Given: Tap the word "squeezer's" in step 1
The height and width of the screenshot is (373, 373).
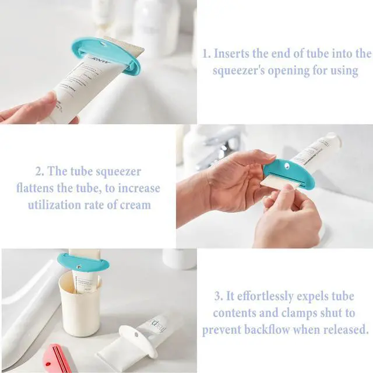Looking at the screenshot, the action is [238, 71].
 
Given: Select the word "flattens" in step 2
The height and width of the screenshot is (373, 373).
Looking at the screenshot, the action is [35, 188].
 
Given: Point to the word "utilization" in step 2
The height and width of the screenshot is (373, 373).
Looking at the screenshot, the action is [54, 205].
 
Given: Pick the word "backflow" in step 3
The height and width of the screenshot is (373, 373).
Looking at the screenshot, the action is [267, 330].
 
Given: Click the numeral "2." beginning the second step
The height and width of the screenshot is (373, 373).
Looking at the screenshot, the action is [40, 171].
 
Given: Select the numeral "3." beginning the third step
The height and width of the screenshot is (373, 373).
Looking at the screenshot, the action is [219, 297].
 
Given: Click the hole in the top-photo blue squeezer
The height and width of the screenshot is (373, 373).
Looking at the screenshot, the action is [103, 44].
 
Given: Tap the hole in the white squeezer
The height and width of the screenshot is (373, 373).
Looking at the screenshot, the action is [136, 335].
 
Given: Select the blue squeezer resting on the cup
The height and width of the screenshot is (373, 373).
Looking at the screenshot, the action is [83, 263].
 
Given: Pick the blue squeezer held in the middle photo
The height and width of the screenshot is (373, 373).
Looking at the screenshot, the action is [289, 173].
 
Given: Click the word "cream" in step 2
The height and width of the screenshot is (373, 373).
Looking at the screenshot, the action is [135, 205].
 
